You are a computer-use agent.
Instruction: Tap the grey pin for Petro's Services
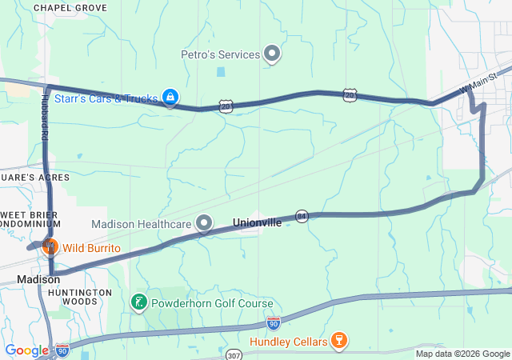click(x=272, y=54)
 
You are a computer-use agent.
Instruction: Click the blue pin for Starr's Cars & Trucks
click(x=170, y=97)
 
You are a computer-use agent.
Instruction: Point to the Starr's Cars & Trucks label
click(x=106, y=98)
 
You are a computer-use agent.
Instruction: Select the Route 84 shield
click(x=301, y=216)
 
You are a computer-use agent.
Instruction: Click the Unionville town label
click(x=257, y=222)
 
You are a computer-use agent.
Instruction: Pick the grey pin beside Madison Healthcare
click(x=205, y=222)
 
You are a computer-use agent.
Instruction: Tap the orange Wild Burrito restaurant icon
click(x=50, y=245)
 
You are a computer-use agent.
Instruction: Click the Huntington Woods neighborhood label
click(x=79, y=298)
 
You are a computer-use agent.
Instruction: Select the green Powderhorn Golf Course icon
click(x=138, y=303)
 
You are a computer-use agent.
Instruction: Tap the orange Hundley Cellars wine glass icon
click(x=338, y=341)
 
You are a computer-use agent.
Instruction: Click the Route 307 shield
click(x=234, y=354)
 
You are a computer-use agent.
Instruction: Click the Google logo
click(x=27, y=350)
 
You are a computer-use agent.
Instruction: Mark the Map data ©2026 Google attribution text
click(x=462, y=354)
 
